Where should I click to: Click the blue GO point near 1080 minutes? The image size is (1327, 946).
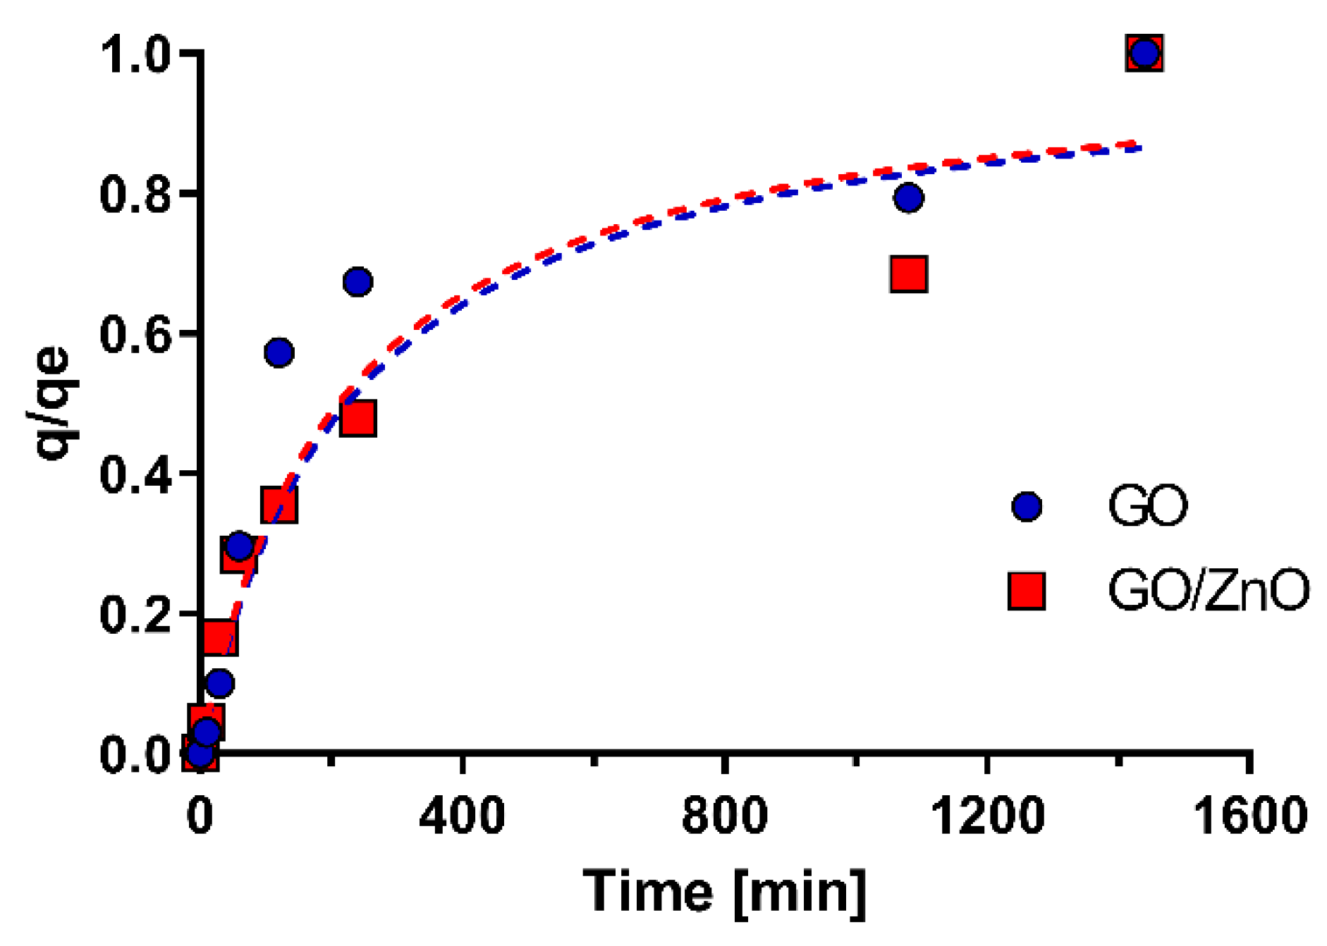(908, 197)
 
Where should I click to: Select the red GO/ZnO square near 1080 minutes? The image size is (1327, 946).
(908, 274)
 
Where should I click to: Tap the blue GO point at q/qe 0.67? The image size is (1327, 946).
(357, 282)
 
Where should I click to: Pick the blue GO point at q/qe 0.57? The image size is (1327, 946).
(279, 352)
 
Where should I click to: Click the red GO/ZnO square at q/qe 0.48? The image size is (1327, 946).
(357, 419)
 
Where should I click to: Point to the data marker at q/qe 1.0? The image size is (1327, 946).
(1144, 53)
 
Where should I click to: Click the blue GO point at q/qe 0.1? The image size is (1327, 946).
(220, 682)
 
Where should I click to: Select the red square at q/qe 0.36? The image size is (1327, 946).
(279, 504)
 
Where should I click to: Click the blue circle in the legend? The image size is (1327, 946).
(1027, 506)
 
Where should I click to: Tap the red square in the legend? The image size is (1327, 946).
(1027, 590)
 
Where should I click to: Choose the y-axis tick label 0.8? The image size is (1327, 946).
(135, 195)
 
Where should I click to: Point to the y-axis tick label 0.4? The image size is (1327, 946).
(135, 474)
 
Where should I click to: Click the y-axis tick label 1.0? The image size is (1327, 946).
(135, 55)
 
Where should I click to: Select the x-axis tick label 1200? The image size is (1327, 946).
(987, 816)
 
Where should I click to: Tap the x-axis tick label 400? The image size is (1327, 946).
(462, 816)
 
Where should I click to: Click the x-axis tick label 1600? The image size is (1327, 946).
(1249, 816)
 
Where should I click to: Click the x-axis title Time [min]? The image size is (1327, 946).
(725, 892)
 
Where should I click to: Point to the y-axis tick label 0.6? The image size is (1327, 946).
(135, 335)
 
